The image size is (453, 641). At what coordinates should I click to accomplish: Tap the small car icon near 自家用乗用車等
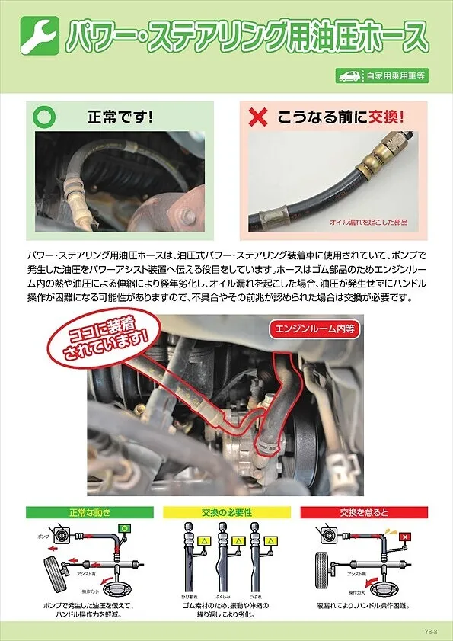click(x=351, y=75)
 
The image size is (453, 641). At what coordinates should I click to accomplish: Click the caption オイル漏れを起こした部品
click(x=368, y=222)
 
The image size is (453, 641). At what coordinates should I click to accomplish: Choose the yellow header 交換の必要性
click(x=226, y=511)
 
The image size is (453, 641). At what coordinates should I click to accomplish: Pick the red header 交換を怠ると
click(x=364, y=511)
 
